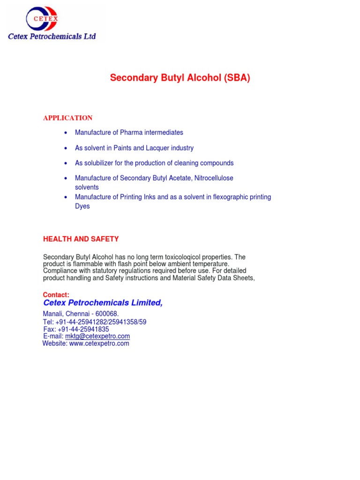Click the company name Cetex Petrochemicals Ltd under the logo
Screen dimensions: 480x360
pyautogui.click(x=52, y=36)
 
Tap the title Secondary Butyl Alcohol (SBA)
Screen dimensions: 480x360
pyautogui.click(x=180, y=78)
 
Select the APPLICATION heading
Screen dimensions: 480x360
pyautogui.click(x=67, y=118)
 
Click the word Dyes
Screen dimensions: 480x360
pyautogui.click(x=82, y=206)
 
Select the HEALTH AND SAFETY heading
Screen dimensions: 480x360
pyautogui.click(x=81, y=239)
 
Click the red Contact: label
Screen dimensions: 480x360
pyautogui.click(x=56, y=295)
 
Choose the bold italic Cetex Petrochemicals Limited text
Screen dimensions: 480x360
pyautogui.click(x=103, y=303)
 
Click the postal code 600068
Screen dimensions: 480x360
pyautogui.click(x=106, y=314)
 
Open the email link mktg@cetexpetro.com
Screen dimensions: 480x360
pyautogui.click(x=97, y=336)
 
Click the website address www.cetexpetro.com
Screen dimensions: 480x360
pyautogui.click(x=99, y=344)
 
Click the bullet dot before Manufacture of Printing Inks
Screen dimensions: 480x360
pyautogui.click(x=66, y=197)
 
